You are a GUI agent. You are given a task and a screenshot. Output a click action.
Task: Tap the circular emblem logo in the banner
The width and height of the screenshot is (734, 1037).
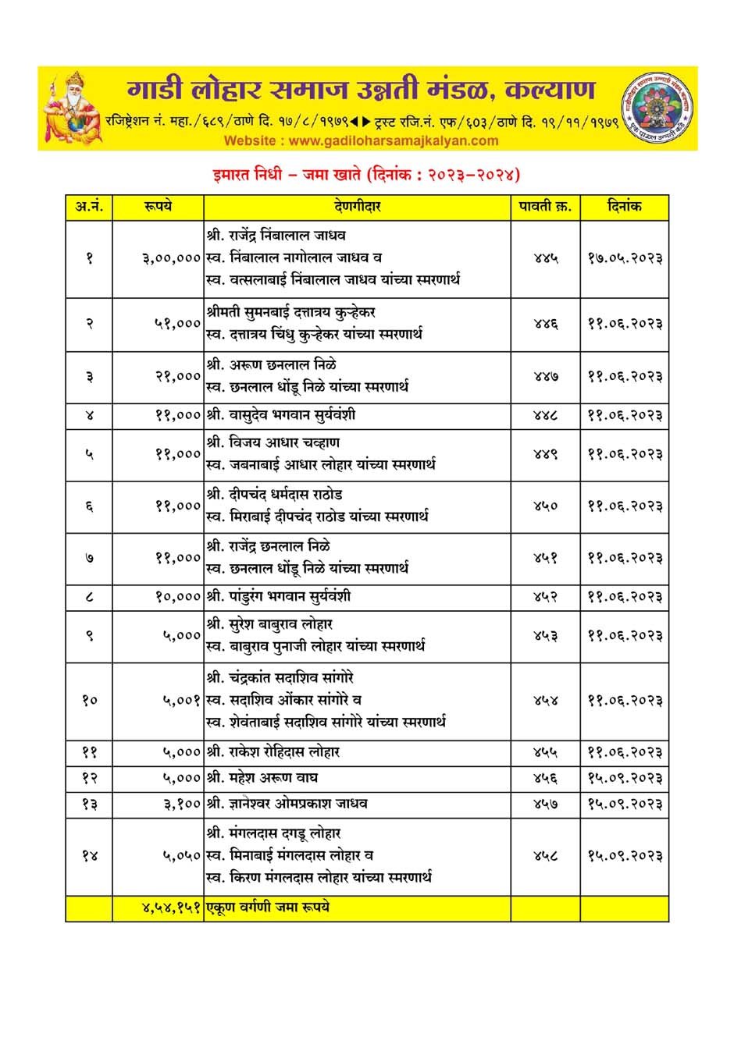coord(657,107)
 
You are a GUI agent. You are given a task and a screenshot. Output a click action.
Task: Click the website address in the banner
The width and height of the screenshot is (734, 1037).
coord(361,141)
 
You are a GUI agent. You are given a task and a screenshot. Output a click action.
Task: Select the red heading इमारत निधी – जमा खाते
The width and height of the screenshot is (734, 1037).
coord(366,174)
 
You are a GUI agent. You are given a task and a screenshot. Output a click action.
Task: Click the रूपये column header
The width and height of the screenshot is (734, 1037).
coord(158,208)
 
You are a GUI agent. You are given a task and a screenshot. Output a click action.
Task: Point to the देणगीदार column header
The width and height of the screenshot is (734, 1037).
coord(357,208)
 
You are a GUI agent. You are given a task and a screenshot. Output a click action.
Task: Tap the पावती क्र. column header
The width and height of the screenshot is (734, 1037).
coord(545,208)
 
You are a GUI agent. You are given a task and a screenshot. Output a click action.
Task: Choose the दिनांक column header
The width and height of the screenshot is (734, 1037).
coord(624,208)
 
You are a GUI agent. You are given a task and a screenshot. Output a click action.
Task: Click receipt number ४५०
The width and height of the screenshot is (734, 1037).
coord(545,506)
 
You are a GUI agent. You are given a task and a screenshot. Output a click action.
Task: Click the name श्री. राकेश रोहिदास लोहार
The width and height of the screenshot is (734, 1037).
coord(273,752)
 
